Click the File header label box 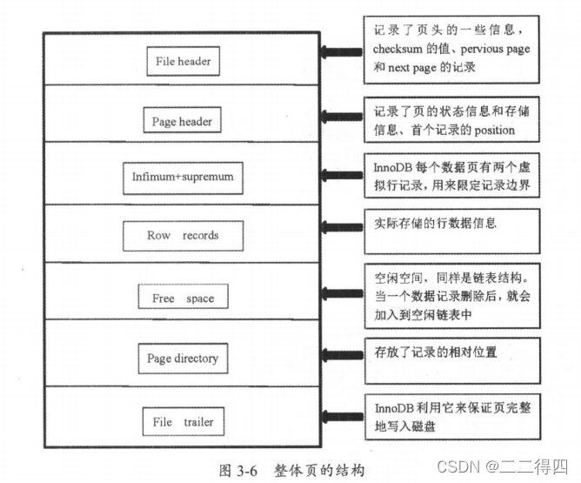[182, 62]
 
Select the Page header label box [182, 122]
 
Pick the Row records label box [183, 235]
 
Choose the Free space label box [183, 298]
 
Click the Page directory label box [183, 358]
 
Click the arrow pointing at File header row [338, 53]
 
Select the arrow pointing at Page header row [338, 116]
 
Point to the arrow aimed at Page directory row [338, 354]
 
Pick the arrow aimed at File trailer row [338, 415]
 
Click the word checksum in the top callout [399, 50]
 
